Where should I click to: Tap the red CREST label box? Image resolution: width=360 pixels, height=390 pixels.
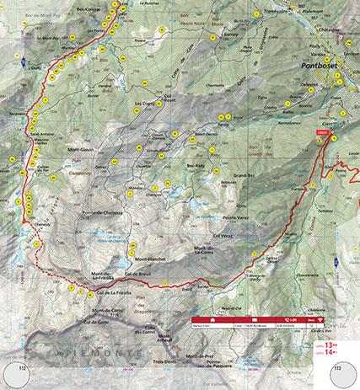click(321, 131)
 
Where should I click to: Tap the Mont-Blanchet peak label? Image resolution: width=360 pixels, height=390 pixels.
click(152, 258)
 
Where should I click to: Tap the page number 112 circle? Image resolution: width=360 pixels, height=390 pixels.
click(18, 375)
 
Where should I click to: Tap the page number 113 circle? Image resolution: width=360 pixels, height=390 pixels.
click(341, 375)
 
